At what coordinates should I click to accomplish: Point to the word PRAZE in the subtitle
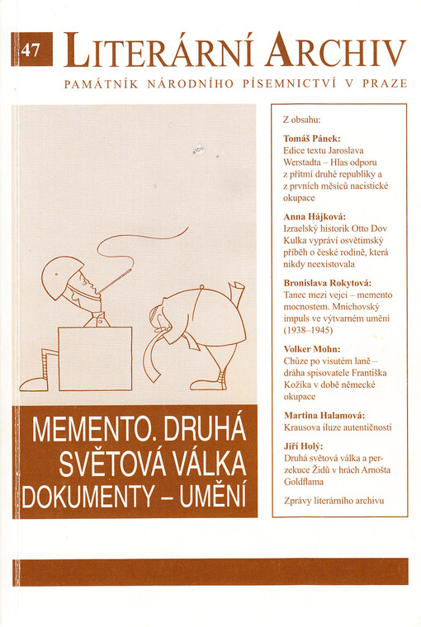[x=385, y=84]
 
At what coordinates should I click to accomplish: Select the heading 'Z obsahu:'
[x=302, y=119]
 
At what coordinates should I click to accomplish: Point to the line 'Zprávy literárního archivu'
[x=333, y=500]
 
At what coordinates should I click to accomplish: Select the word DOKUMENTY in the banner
[x=87, y=497]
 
